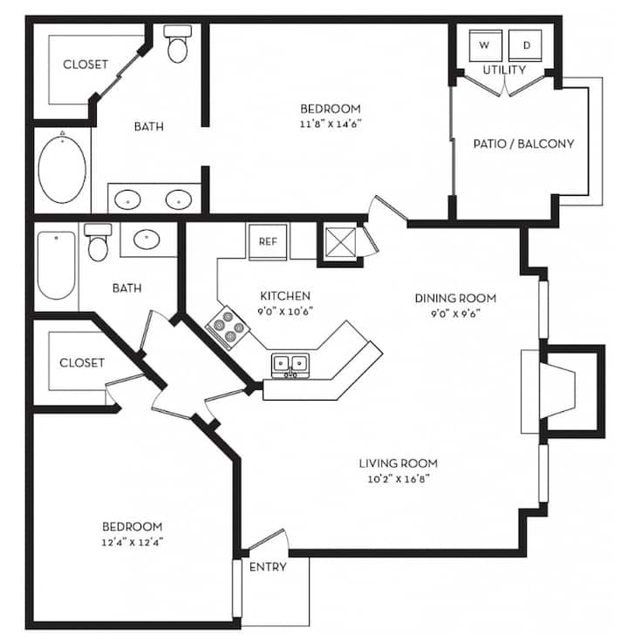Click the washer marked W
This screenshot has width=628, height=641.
click(486, 45)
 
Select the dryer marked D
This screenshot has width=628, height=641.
click(525, 45)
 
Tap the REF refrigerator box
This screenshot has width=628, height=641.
click(268, 241)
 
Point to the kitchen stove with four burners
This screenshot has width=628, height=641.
click(228, 328)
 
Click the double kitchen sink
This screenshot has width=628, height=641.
click(290, 366)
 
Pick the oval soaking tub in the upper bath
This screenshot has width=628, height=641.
click(62, 169)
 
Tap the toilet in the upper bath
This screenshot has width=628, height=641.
click(178, 44)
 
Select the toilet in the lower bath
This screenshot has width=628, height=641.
click(99, 242)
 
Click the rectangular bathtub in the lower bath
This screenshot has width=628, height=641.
click(57, 266)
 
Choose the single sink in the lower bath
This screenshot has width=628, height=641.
click(147, 240)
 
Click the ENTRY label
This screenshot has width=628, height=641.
click(268, 567)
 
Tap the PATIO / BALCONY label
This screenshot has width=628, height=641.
click(523, 144)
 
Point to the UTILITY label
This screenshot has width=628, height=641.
click(504, 70)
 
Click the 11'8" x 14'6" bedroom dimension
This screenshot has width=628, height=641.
click(331, 124)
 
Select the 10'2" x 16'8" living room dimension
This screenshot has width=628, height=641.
click(399, 479)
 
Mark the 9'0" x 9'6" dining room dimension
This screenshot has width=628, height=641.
click(455, 314)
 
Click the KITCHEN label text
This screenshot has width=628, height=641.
click(285, 296)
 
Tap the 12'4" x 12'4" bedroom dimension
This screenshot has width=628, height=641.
click(133, 543)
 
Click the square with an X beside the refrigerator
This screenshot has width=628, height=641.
click(341, 242)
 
